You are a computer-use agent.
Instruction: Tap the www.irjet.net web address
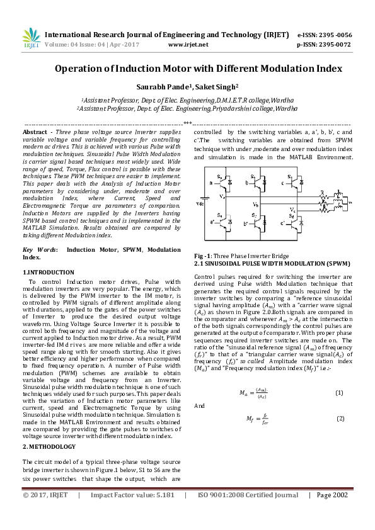pyautogui.click(x=188, y=45)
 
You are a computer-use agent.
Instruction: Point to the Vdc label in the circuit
pyautogui.click(x=200, y=203)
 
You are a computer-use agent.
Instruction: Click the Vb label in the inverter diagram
pyautogui.click(x=255, y=205)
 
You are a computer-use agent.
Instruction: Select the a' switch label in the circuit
pyautogui.click(x=211, y=222)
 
